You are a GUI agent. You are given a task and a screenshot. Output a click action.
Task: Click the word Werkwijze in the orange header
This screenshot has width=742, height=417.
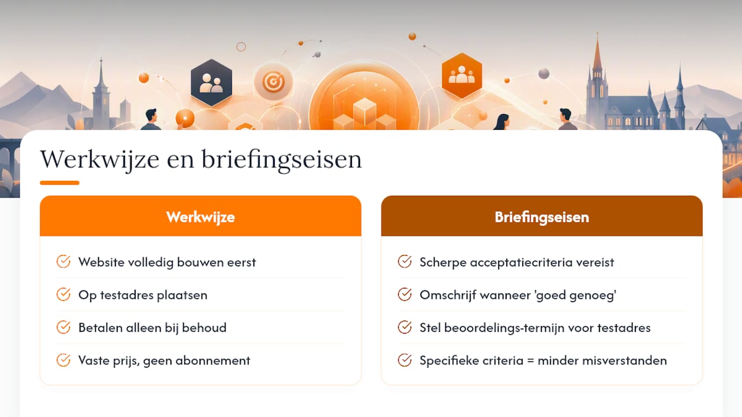pyautogui.click(x=201, y=217)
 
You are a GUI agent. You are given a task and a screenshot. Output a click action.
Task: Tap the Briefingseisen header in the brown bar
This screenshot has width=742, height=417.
pyautogui.click(x=542, y=217)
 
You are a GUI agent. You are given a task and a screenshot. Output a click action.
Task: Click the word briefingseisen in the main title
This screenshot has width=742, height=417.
pyautogui.click(x=282, y=160)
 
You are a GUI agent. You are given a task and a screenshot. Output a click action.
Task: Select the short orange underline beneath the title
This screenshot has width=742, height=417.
pyautogui.click(x=60, y=182)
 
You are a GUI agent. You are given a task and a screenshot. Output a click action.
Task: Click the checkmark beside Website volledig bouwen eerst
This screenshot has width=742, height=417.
pyautogui.click(x=63, y=261)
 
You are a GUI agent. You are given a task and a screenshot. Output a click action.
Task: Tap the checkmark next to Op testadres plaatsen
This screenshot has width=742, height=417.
pyautogui.click(x=63, y=294)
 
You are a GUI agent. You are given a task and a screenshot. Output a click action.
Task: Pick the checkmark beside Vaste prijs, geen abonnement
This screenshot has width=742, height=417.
pyautogui.click(x=63, y=360)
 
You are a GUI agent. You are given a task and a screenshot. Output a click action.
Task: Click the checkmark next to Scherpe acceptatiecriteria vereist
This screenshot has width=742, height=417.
pyautogui.click(x=405, y=261)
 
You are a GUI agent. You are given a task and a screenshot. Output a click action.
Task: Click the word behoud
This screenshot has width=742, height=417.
pyautogui.click(x=204, y=328)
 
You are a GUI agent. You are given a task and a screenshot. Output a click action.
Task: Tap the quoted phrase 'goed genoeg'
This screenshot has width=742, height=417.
pyautogui.click(x=576, y=295)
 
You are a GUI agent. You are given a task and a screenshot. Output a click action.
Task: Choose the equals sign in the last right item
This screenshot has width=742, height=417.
pyautogui.click(x=530, y=361)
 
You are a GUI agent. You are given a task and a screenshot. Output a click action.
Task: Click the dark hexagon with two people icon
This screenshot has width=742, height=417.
pyautogui.click(x=212, y=82)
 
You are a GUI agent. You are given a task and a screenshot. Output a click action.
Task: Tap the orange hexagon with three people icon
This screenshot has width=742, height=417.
pyautogui.click(x=462, y=75)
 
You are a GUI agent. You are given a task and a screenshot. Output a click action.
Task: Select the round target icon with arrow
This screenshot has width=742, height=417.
pyautogui.click(x=273, y=82)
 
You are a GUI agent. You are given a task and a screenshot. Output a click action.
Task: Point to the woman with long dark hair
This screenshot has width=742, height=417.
pyautogui.click(x=502, y=122)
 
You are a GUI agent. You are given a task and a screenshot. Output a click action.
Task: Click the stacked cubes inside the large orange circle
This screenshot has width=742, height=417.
pyautogui.click(x=365, y=114)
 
